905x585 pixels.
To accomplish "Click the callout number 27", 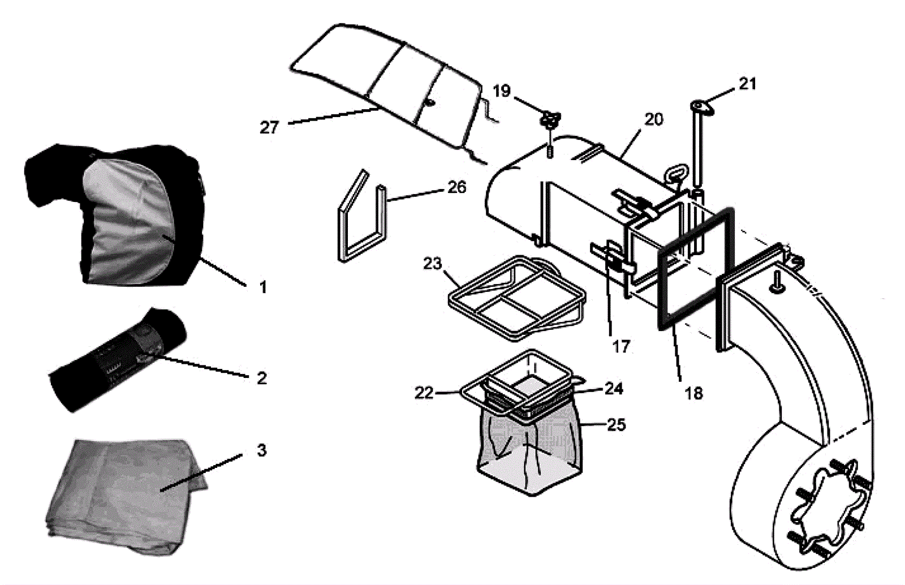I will point(269,127).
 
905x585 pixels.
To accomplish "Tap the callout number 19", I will point(502,91).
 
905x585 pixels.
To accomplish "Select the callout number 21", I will point(747,84).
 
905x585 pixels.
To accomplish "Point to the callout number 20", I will point(653,119).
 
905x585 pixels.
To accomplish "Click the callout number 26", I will point(456,187).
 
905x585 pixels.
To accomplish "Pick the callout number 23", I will point(432,264).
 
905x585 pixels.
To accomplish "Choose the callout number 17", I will point(621,346).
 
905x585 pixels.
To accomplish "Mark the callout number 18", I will point(693,393).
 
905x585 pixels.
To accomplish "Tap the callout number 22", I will point(424,393).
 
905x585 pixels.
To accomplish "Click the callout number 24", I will point(614,389).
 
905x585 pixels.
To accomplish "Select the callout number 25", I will point(616,424).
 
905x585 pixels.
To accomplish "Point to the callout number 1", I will point(262,287).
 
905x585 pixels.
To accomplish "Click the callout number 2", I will point(261,378).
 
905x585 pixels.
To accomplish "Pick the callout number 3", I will point(261,450).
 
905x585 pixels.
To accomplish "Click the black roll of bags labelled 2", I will point(119,359).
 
